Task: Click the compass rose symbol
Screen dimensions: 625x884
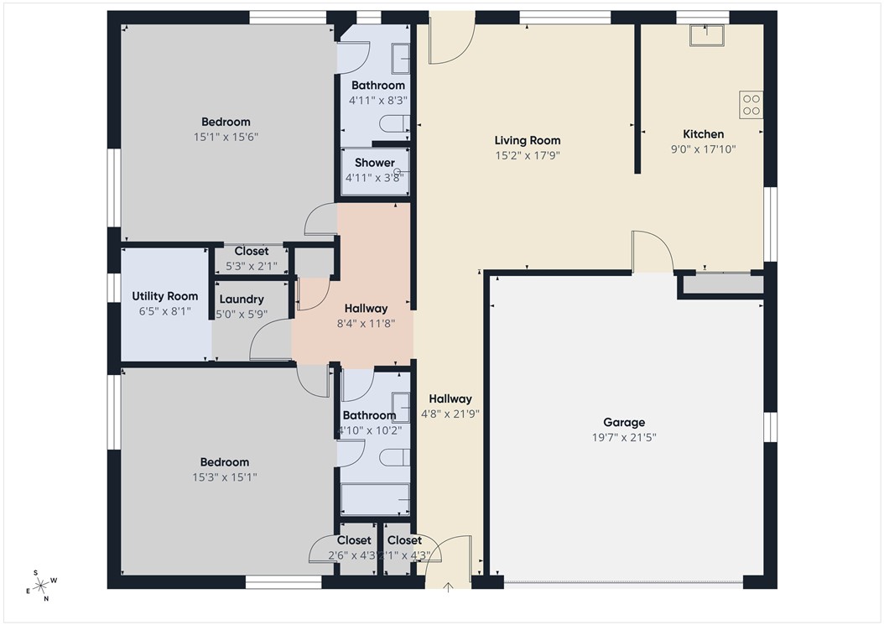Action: click(x=41, y=586)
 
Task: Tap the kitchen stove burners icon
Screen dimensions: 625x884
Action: click(x=751, y=104)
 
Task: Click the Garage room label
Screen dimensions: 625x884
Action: click(x=624, y=423)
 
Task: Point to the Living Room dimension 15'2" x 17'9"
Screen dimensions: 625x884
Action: click(x=527, y=155)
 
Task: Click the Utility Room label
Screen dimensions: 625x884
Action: click(x=165, y=296)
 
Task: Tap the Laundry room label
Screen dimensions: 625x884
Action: click(x=242, y=299)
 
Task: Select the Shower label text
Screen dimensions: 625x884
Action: click(x=374, y=163)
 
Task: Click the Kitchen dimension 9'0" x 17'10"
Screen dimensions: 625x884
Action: click(x=703, y=148)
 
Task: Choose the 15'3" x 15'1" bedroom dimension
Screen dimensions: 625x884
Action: click(x=224, y=477)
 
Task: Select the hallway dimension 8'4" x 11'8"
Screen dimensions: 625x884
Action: click(x=365, y=323)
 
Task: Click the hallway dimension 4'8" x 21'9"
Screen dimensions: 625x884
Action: click(x=450, y=414)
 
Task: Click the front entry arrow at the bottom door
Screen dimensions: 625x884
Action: click(x=449, y=586)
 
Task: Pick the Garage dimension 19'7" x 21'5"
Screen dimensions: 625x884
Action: click(x=624, y=437)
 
